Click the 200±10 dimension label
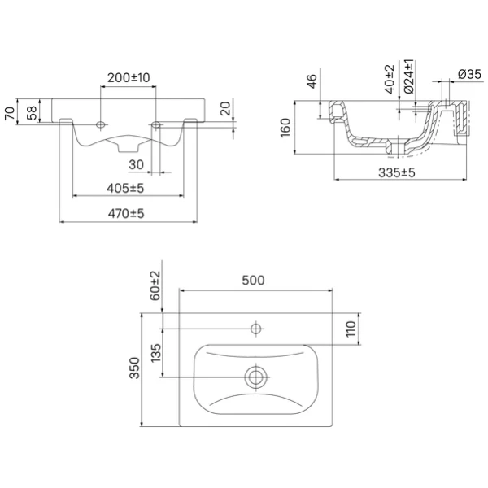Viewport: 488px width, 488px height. tap(129, 77)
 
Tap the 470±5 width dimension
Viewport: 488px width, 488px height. tap(126, 213)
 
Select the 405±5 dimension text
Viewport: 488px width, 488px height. tap(125, 188)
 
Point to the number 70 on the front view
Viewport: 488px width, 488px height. tap(10, 113)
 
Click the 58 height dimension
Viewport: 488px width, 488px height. tap(32, 113)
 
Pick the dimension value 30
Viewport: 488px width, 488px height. tap(137, 164)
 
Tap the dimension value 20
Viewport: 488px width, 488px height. tap(226, 108)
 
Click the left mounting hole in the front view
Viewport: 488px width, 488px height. tap(101, 124)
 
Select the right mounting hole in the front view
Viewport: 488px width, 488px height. tap(156, 124)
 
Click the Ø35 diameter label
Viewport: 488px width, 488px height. tap(469, 74)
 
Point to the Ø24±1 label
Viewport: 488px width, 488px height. tap(409, 76)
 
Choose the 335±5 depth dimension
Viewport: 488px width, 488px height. tap(397, 172)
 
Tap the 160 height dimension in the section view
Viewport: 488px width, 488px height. tap(285, 128)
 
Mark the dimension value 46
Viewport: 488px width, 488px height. tap(312, 81)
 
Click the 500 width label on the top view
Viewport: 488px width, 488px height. tap(253, 281)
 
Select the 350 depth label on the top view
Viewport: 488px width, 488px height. tap(135, 368)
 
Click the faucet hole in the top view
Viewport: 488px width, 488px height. tap(256, 329)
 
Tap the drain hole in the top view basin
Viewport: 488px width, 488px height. tap(256, 377)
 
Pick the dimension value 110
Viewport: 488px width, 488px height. tap(351, 329)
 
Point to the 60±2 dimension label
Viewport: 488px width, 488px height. tap(155, 285)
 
